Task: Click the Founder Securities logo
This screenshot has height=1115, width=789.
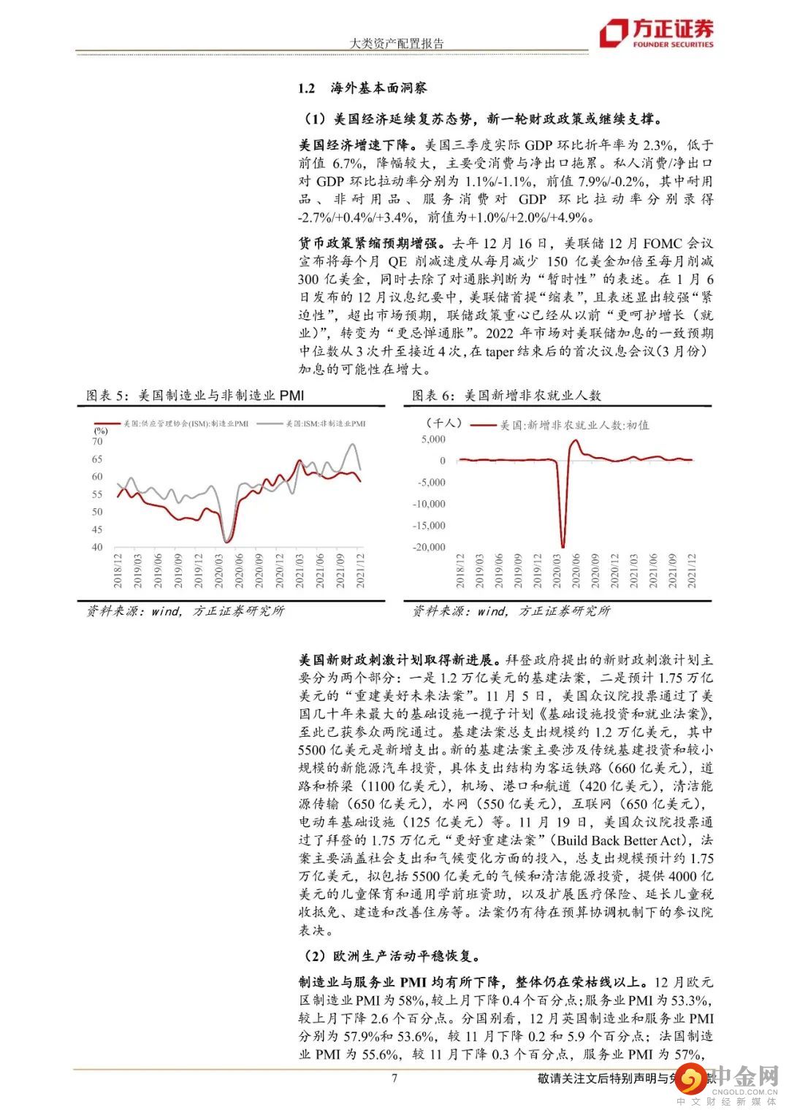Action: pos(656,33)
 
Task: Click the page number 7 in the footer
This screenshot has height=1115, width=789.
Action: pos(394,1078)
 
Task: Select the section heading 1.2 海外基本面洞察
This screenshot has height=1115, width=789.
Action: pos(362,88)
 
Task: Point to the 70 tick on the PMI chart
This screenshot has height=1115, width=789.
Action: pos(97,442)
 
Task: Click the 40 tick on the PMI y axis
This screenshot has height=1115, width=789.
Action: pos(97,547)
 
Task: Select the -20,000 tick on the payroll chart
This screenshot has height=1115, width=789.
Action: pos(428,547)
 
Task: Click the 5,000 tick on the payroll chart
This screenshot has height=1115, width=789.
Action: pos(432,439)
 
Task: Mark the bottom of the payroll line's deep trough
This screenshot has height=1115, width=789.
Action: pos(563,545)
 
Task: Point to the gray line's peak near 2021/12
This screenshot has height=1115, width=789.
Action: pos(354,444)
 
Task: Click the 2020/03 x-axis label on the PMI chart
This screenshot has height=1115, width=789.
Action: pos(219,572)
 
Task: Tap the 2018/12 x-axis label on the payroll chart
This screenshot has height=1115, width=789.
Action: pos(460,572)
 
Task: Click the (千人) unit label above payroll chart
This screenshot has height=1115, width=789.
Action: pos(443,422)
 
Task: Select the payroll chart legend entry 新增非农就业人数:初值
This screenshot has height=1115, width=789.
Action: pos(563,424)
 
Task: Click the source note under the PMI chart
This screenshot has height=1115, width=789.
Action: pos(185,610)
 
